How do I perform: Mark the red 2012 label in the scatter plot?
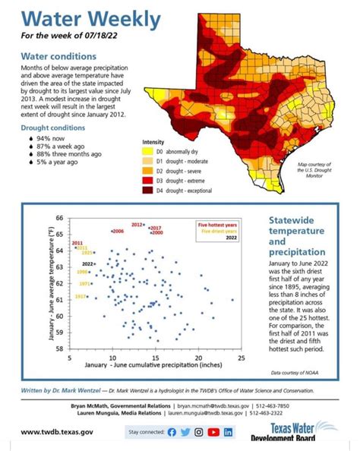(137, 225)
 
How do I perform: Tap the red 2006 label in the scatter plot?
(118, 231)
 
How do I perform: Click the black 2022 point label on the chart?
(87, 263)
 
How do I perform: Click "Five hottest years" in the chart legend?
(216, 225)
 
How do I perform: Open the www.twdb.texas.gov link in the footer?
(57, 432)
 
